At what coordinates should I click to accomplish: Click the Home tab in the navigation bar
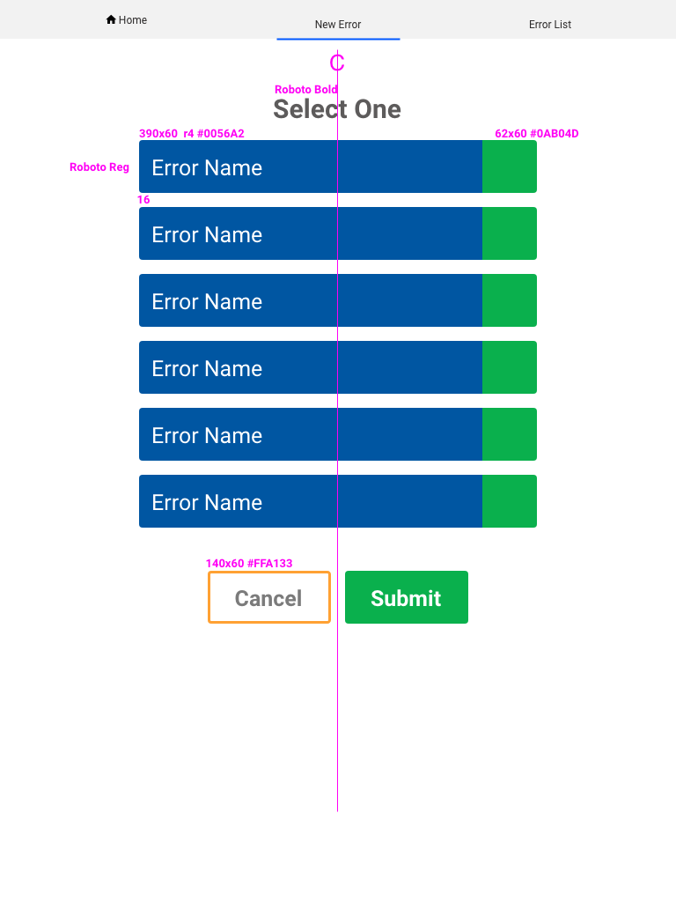(x=127, y=20)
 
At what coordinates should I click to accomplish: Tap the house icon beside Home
(x=111, y=19)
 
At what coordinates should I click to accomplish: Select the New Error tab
(x=338, y=25)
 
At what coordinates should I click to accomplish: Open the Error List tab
(x=550, y=25)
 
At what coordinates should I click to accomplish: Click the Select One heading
(x=337, y=109)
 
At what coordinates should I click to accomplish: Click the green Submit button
(x=407, y=597)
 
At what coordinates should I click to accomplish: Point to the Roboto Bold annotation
(x=305, y=90)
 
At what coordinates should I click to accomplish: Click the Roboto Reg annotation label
(x=99, y=167)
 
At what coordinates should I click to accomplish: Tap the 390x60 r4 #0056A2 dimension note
(x=191, y=134)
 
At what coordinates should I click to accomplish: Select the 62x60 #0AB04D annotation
(x=537, y=134)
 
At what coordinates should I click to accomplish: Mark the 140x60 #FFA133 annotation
(x=249, y=563)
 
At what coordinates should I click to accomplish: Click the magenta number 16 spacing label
(x=143, y=200)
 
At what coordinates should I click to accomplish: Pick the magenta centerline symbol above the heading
(x=337, y=63)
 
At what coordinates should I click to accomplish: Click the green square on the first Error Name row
(x=510, y=166)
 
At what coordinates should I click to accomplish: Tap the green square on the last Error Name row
(x=510, y=501)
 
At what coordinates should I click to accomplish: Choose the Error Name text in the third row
(x=207, y=301)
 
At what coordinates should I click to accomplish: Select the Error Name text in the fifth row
(x=207, y=435)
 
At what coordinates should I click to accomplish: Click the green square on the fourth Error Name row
(x=510, y=367)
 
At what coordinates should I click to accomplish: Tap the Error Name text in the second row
(x=207, y=234)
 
